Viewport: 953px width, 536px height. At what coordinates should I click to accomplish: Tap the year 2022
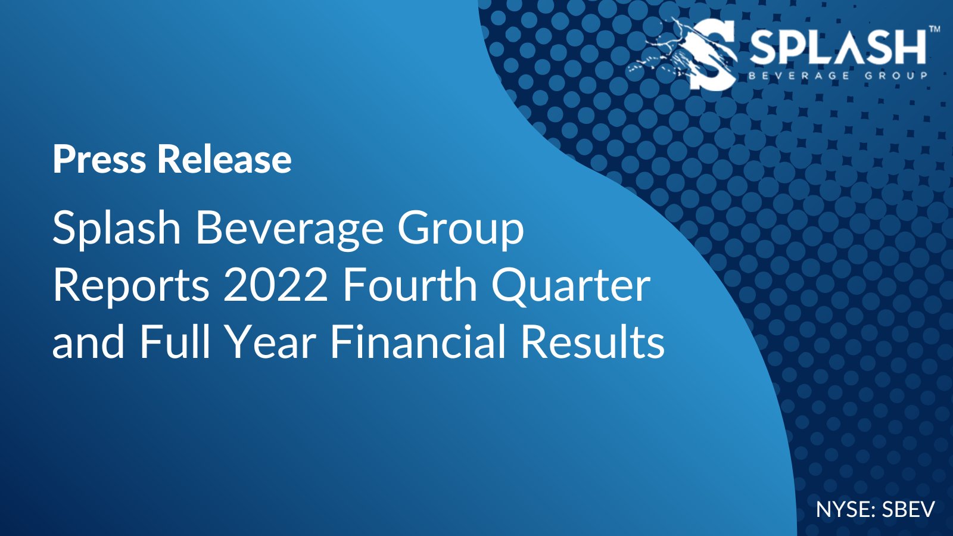pyautogui.click(x=275, y=285)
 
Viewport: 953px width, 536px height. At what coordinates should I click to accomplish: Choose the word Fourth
pyautogui.click(x=410, y=285)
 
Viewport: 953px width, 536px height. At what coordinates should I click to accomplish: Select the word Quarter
pyautogui.click(x=571, y=286)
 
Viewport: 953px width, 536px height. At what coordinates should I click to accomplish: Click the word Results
pyautogui.click(x=593, y=342)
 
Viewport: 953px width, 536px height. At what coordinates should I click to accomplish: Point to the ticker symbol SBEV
pyautogui.click(x=908, y=510)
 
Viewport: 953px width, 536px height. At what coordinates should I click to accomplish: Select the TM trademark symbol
pyautogui.click(x=935, y=29)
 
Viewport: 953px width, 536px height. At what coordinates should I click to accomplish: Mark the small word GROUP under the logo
pyautogui.click(x=896, y=76)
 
